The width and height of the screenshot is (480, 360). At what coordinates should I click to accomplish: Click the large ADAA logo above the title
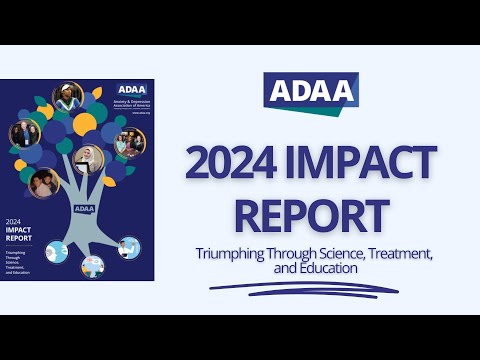[x=311, y=92]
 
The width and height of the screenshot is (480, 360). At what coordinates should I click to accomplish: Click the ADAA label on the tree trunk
[x=85, y=209]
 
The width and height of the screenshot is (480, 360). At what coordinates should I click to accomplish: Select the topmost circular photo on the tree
[x=68, y=97]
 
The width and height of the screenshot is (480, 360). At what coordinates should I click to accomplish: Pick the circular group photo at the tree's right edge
[x=130, y=142]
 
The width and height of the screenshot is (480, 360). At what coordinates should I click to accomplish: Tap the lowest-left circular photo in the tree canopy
[x=44, y=183]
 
